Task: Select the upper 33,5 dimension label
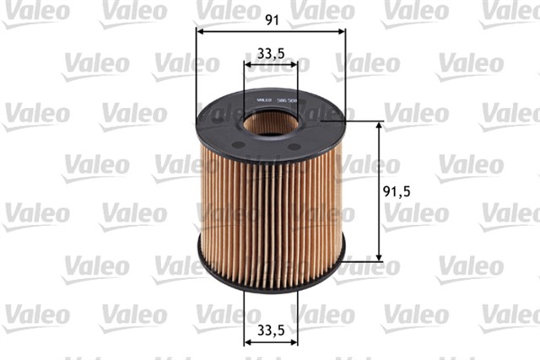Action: (270, 54)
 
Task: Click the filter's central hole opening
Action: (271, 123)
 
